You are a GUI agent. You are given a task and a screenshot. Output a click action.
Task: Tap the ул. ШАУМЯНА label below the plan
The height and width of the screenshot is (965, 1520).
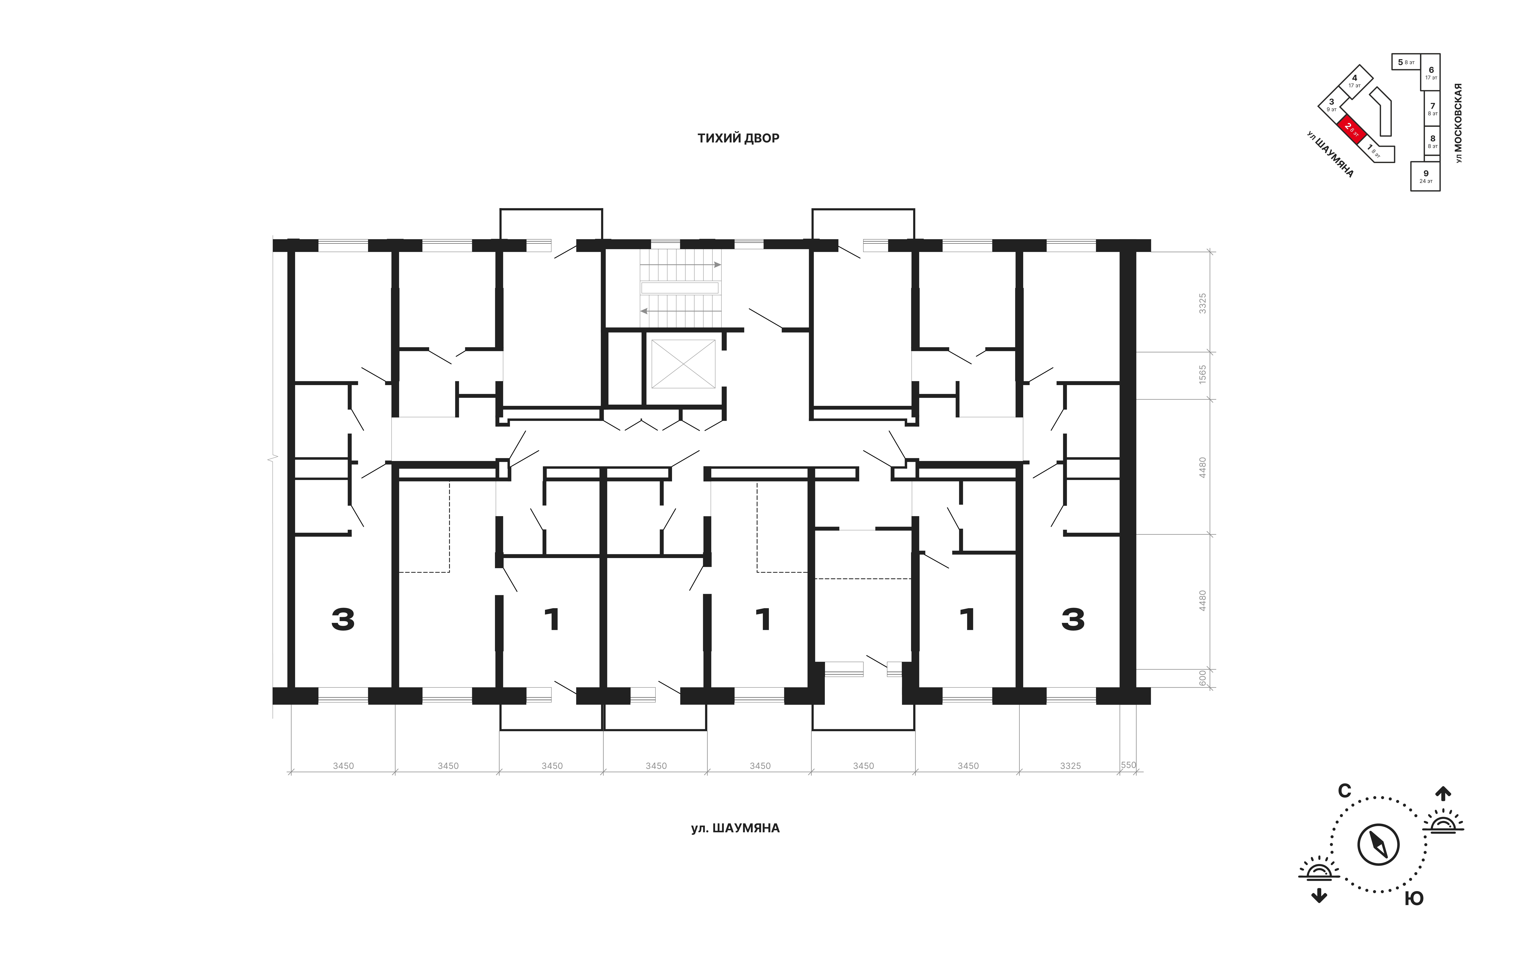tap(735, 828)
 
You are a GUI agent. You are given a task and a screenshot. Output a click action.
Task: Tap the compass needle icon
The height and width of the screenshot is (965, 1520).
tap(1379, 844)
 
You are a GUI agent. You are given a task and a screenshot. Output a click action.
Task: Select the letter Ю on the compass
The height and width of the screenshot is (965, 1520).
tap(1414, 899)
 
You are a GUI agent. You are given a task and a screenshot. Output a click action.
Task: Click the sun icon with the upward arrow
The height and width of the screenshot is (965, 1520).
tap(1443, 814)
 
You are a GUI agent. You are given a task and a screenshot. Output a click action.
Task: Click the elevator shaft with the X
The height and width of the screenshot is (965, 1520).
tap(683, 364)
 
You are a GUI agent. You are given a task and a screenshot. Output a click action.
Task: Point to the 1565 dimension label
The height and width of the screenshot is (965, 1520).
tap(1202, 375)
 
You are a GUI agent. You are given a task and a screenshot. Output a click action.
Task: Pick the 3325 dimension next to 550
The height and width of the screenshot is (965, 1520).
tap(1071, 766)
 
